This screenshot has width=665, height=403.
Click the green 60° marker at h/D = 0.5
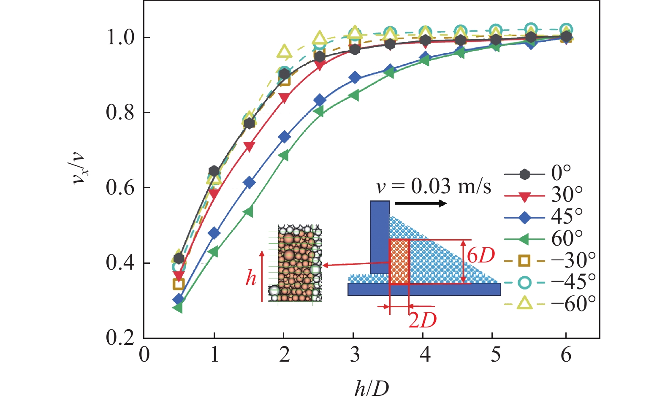pyautogui.click(x=178, y=308)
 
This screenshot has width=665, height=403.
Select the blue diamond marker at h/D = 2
pyautogui.click(x=284, y=137)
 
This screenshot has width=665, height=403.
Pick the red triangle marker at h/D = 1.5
pyautogui.click(x=249, y=146)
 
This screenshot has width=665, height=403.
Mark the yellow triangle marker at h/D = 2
pyautogui.click(x=285, y=52)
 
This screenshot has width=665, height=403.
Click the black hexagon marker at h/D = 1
pyautogui.click(x=214, y=171)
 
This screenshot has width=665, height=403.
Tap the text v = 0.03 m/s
pyautogui.click(x=434, y=186)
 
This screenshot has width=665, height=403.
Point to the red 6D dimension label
pyautogui.click(x=480, y=255)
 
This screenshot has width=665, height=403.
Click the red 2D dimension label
pyautogui.click(x=422, y=320)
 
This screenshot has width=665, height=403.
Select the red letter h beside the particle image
pyautogui.click(x=251, y=278)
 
